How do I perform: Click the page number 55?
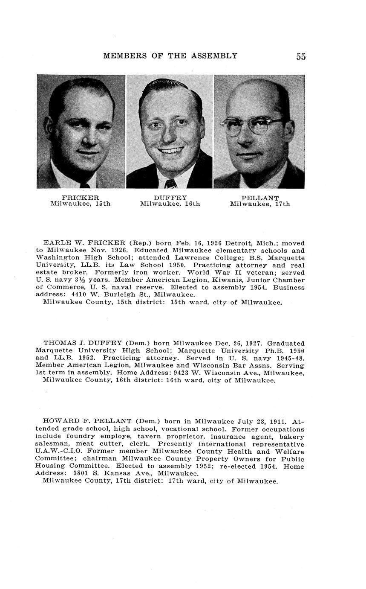coord(301,57)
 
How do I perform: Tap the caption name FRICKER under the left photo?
coord(80,198)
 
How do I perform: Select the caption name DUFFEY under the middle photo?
coord(170,198)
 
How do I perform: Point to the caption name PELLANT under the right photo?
coord(260,198)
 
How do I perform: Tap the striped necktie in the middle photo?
coord(170,184)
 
